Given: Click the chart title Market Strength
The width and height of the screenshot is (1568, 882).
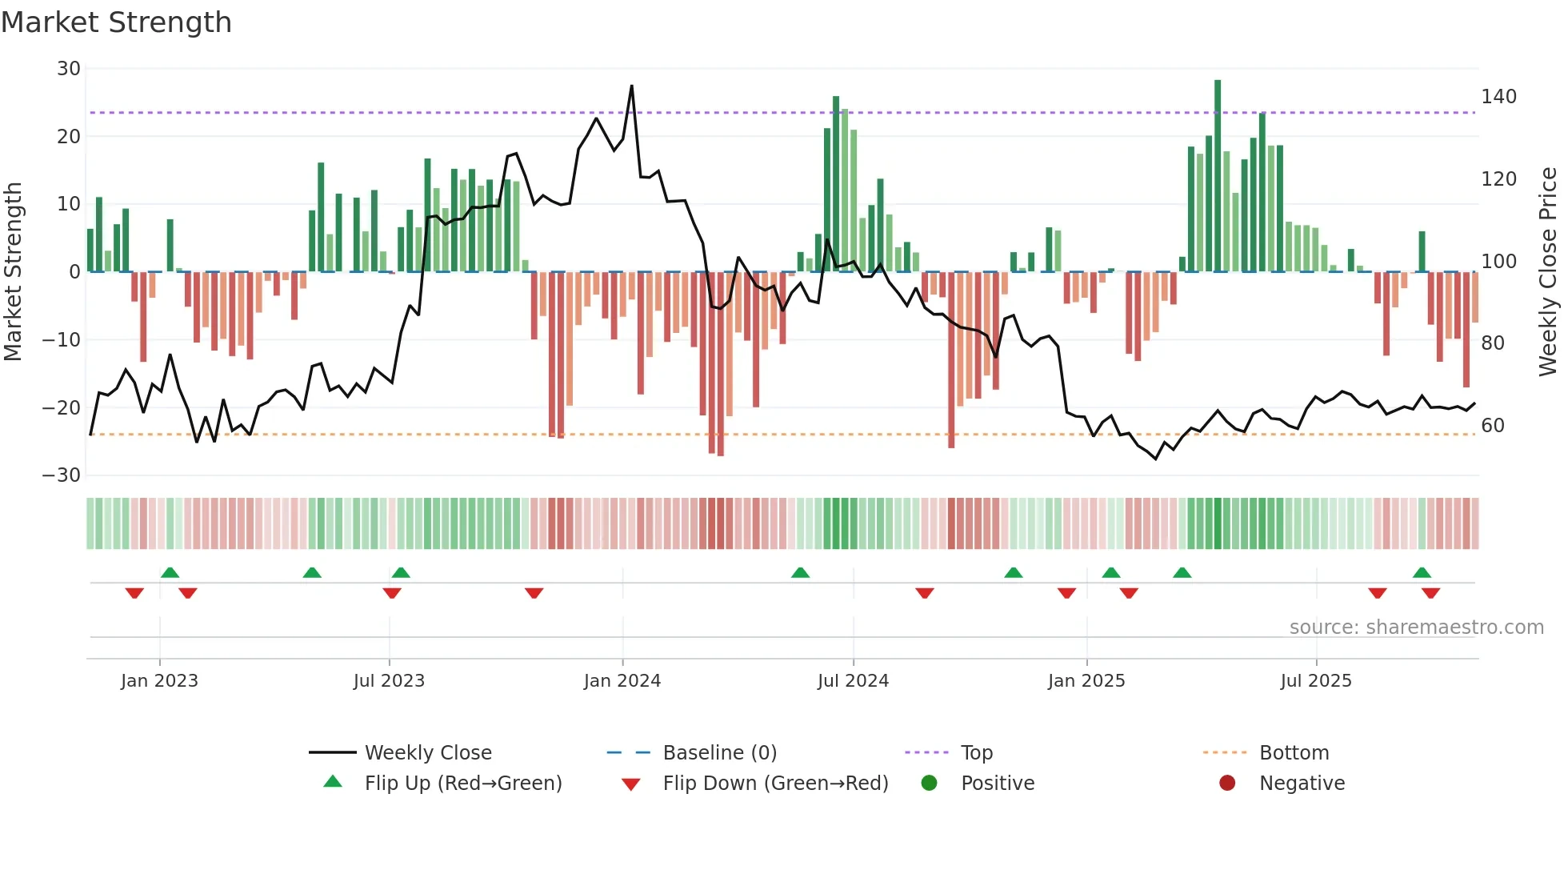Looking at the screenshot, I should [116, 22].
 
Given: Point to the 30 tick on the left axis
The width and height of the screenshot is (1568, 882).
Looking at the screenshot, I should [69, 69].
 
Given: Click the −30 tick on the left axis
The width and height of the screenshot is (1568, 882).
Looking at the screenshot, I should [62, 475].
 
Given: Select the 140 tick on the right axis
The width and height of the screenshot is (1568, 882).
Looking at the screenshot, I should [1498, 97].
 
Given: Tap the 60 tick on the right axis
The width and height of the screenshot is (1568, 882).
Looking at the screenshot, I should [1492, 426].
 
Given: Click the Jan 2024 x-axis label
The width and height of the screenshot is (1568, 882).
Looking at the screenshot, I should [622, 681].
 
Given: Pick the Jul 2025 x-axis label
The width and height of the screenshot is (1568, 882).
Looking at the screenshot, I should [1315, 681].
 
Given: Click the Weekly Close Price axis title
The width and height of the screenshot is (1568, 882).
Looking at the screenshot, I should [1548, 272].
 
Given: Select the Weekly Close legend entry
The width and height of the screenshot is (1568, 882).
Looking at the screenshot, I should [428, 753].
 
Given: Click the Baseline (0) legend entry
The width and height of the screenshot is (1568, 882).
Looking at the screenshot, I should [719, 753].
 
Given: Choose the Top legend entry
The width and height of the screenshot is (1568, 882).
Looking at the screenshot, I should [976, 753].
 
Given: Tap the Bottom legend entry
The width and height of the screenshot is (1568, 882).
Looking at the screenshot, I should [1294, 753].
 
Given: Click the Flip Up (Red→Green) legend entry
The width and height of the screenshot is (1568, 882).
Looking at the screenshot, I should [462, 784].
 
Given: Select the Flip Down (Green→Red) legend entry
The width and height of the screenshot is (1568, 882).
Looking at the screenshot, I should [774, 784].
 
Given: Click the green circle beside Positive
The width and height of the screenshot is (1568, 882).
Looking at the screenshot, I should [929, 784].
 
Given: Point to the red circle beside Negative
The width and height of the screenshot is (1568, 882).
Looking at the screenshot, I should [1227, 784].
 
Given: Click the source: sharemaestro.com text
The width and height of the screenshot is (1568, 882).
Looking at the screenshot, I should [1416, 627].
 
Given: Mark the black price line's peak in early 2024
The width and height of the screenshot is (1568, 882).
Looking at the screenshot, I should [631, 86].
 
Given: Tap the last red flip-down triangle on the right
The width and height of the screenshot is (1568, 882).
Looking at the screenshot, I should [1430, 593].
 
